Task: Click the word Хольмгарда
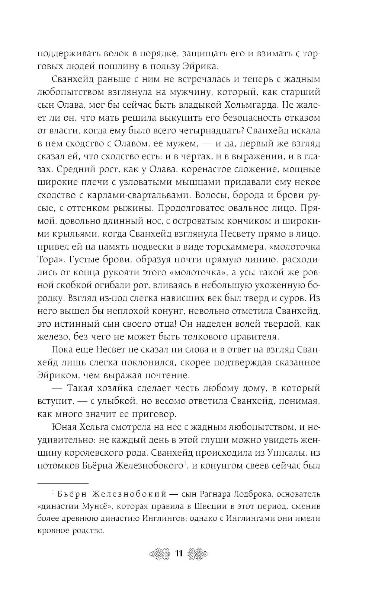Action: point(245,105)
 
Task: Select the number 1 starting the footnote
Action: point(54,492)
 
